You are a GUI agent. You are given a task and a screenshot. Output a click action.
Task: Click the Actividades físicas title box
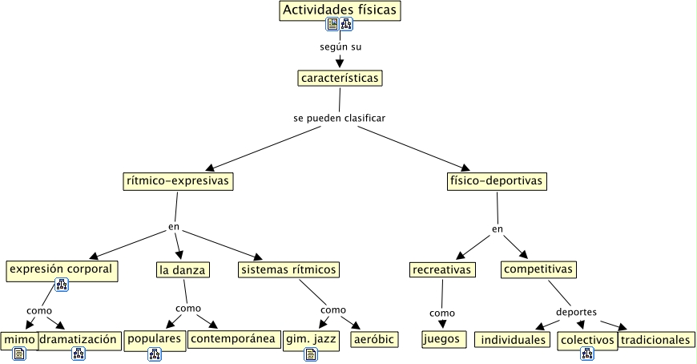tap(340, 10)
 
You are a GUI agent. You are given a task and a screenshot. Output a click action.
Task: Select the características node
tap(339, 78)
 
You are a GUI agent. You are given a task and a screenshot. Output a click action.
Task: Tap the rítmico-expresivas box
tap(178, 181)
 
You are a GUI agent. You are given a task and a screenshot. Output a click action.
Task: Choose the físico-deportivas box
tap(497, 181)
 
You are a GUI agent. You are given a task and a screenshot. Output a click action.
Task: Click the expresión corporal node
tap(62, 269)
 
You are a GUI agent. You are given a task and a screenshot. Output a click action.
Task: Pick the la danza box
tap(183, 269)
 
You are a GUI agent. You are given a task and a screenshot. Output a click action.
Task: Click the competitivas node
tap(538, 269)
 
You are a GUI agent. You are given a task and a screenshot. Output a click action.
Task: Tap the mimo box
tap(18, 339)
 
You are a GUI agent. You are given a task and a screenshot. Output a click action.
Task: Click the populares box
tap(155, 339)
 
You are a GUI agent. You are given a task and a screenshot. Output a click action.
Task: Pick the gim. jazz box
tap(311, 339)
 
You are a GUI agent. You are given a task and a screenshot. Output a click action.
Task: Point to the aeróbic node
tap(373, 340)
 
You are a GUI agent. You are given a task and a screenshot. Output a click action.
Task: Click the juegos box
tap(443, 339)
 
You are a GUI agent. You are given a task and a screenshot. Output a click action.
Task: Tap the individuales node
tap(513, 340)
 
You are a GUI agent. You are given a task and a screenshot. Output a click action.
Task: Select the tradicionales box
tap(655, 340)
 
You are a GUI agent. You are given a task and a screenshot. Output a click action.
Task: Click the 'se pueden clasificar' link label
tap(340, 118)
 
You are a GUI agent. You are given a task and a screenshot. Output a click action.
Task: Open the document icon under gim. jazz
tap(311, 354)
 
